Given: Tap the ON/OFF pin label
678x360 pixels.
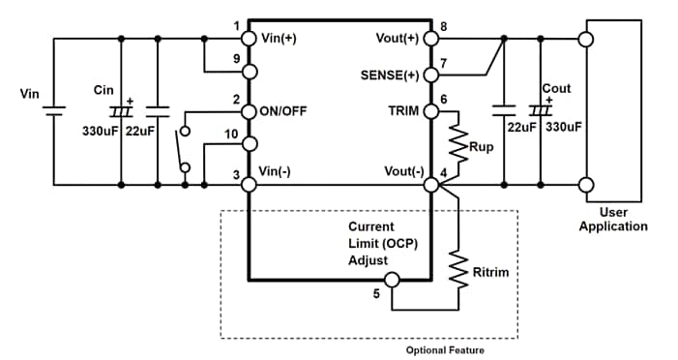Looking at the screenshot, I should click(x=282, y=110).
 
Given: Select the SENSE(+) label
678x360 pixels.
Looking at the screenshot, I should click(x=390, y=75).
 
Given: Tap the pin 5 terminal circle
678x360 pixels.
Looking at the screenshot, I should click(x=392, y=281).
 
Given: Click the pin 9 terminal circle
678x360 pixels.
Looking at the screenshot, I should click(x=249, y=73).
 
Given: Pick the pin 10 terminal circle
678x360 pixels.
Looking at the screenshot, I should click(x=249, y=144).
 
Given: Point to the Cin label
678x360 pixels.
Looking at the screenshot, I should click(x=103, y=89).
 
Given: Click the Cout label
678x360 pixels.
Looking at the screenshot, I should click(x=556, y=88).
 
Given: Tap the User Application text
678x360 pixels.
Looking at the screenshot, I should click(x=613, y=219).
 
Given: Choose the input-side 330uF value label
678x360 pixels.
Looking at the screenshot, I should click(x=99, y=131).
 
